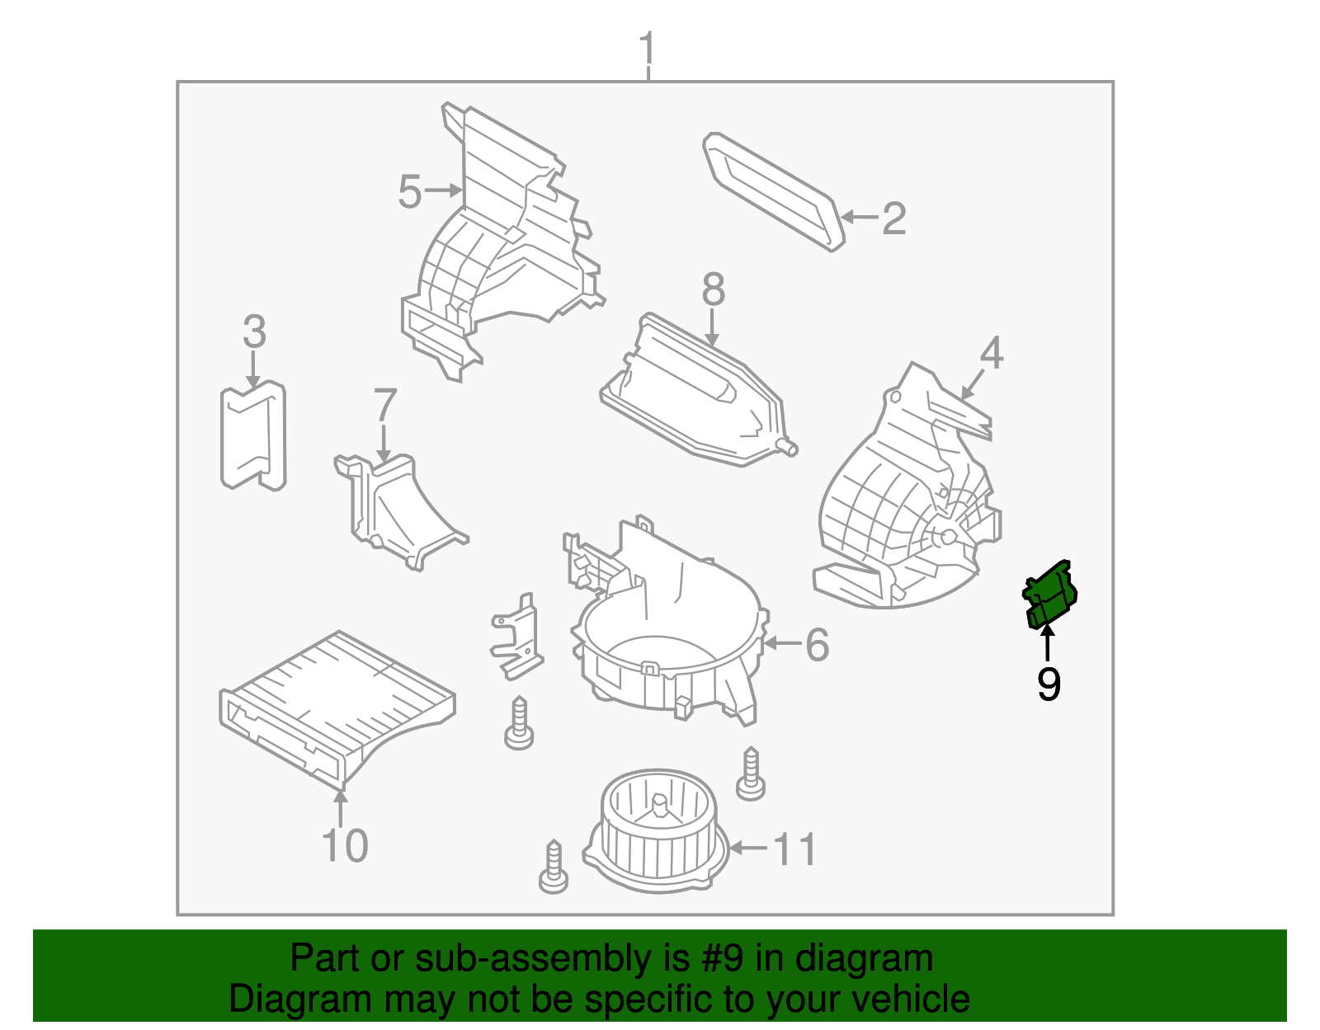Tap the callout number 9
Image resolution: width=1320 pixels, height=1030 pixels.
click(1049, 684)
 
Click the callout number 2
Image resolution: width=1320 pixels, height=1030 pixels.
click(894, 218)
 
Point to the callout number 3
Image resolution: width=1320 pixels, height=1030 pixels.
click(255, 332)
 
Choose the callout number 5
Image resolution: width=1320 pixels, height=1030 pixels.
click(410, 192)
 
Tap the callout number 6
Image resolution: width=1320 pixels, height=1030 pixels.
click(817, 644)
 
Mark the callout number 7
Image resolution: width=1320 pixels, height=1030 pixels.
click(385, 405)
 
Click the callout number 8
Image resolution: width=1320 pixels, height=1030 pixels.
click(713, 289)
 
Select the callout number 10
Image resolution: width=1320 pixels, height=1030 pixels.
click(344, 845)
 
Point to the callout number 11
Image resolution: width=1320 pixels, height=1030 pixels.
click(794, 849)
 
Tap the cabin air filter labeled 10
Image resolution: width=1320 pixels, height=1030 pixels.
click(337, 709)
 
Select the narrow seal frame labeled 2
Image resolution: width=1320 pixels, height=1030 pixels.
click(774, 191)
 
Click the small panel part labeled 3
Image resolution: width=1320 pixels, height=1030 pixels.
click(253, 435)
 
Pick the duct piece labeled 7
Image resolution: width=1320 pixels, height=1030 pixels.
click(398, 510)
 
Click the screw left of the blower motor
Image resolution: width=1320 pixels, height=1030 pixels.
click(554, 867)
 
